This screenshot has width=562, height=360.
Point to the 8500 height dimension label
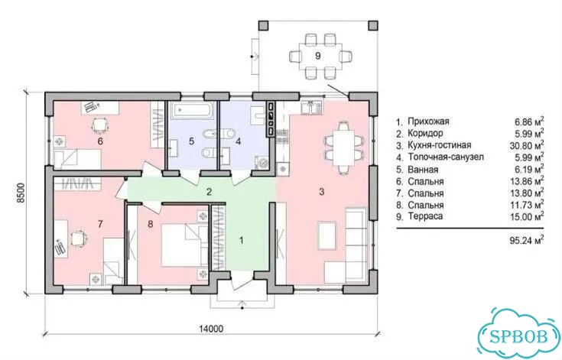(21, 193)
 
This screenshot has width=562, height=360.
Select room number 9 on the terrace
(318, 56)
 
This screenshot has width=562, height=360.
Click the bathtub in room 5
(193, 110)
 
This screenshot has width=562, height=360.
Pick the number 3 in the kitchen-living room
(321, 192)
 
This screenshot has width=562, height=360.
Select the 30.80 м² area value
(527, 145)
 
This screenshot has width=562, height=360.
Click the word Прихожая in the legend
(428, 122)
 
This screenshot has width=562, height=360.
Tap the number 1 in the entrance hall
(241, 240)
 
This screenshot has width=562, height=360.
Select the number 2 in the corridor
(209, 192)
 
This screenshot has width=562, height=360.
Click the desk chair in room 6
(99, 125)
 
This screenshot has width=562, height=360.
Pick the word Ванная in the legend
(423, 170)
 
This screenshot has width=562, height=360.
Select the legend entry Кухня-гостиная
(440, 145)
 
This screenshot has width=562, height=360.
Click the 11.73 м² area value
(527, 205)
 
